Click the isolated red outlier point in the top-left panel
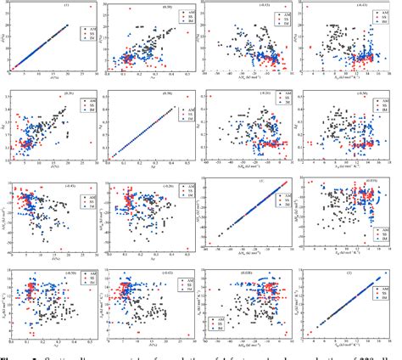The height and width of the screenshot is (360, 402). [90, 7]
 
